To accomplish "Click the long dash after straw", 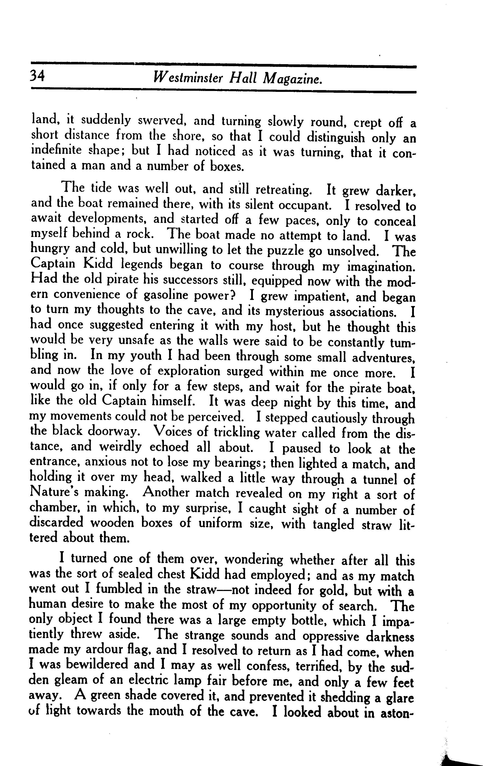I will click(x=223, y=590).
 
